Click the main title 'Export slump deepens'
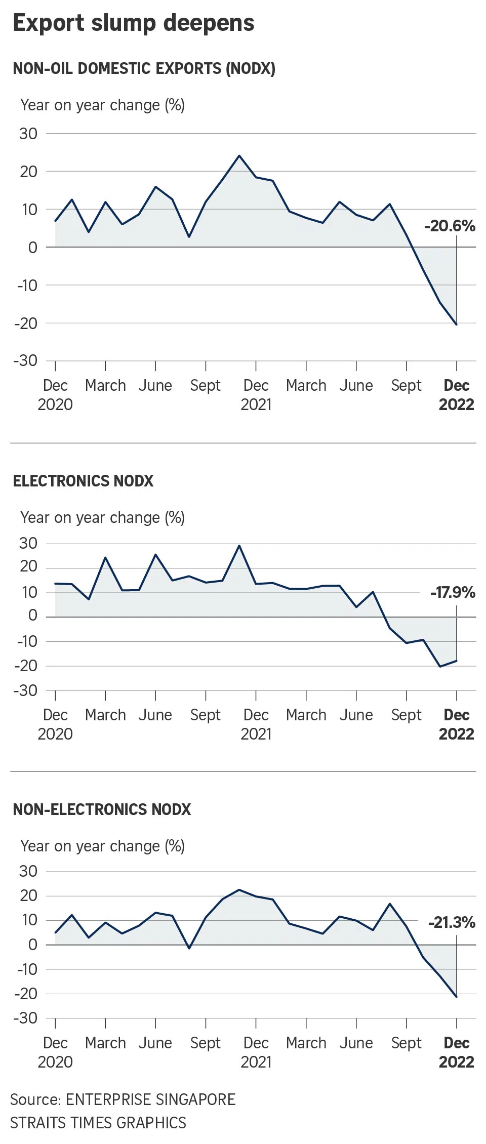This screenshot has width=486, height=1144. [x=134, y=23]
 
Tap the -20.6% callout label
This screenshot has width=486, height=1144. [x=450, y=226]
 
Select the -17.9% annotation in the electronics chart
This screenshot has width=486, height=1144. [x=453, y=592]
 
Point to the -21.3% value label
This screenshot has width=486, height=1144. [x=452, y=922]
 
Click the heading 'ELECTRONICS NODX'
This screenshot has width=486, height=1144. [x=83, y=481]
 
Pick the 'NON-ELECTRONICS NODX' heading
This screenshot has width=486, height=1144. [x=102, y=809]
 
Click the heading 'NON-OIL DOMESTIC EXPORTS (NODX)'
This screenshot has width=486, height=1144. [x=144, y=68]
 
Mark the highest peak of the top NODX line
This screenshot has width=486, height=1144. [x=239, y=155]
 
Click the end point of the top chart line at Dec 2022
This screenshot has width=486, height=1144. [x=457, y=324]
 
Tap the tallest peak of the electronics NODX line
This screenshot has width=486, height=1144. [x=239, y=546]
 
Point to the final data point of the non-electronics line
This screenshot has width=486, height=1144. [x=457, y=997]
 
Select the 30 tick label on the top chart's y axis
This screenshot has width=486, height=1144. [x=28, y=134]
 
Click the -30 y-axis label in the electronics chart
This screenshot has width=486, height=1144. [x=26, y=690]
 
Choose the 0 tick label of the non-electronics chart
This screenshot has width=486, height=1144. [x=33, y=945]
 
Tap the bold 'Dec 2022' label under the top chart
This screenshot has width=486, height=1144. [x=457, y=395]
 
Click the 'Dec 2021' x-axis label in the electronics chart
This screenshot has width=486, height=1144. [x=256, y=724]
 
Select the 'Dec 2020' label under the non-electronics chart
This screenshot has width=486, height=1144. [x=55, y=1052]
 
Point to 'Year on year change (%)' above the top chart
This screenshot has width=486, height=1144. [x=102, y=105]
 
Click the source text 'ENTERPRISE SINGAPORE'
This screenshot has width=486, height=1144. [x=150, y=1099]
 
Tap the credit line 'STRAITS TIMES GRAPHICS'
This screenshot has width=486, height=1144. [x=98, y=1123]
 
